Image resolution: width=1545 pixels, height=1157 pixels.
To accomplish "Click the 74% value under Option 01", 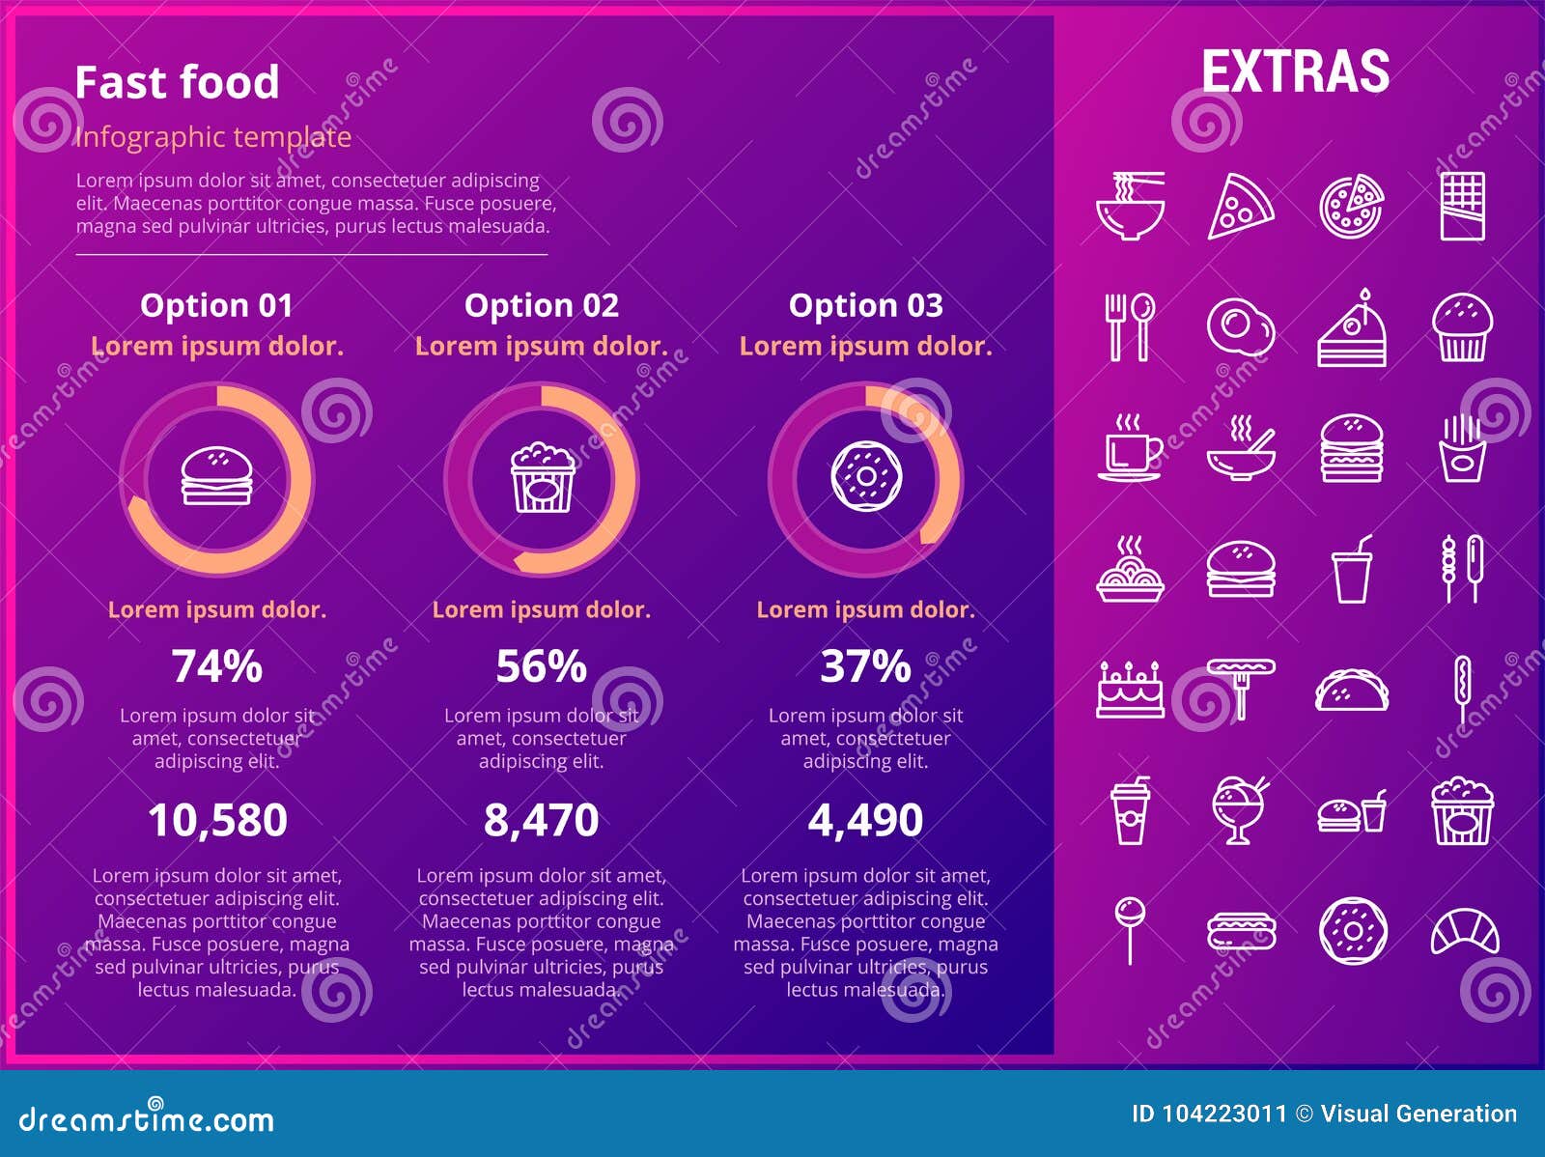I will pyautogui.click(x=217, y=666).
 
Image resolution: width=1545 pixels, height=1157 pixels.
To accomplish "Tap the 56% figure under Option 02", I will pyautogui.click(x=541, y=666).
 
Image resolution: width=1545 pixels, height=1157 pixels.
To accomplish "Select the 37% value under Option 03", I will pyautogui.click(x=865, y=666).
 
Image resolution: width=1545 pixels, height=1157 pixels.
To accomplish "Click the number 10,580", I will pyautogui.click(x=217, y=820).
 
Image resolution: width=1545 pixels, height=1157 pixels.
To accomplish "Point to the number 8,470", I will pyautogui.click(x=541, y=820).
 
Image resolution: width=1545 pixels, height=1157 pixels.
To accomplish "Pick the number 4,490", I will pyautogui.click(x=865, y=820).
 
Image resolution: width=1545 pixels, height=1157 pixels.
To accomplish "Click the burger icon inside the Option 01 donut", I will pyautogui.click(x=217, y=476).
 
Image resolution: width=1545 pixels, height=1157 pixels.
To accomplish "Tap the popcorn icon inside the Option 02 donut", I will pyautogui.click(x=542, y=477).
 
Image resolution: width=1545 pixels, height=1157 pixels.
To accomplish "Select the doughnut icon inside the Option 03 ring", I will pyautogui.click(x=866, y=476).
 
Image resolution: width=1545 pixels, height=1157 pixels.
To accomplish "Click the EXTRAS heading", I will pyautogui.click(x=1295, y=71).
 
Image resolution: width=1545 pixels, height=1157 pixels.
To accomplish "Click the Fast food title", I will pyautogui.click(x=177, y=82).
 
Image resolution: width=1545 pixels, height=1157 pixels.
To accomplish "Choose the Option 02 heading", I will pyautogui.click(x=541, y=305).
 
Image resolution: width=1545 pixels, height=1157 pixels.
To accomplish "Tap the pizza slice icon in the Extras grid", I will pyautogui.click(x=1240, y=206).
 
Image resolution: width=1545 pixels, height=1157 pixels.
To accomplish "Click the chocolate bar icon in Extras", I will pyautogui.click(x=1462, y=206).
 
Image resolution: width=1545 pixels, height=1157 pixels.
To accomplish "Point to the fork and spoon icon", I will pyautogui.click(x=1130, y=327).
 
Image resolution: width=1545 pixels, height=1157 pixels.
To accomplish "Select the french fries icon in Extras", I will pyautogui.click(x=1462, y=448).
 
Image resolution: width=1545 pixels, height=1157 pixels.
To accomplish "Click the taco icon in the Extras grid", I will pyautogui.click(x=1352, y=691).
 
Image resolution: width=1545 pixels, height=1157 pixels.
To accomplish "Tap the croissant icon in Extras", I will pyautogui.click(x=1464, y=931).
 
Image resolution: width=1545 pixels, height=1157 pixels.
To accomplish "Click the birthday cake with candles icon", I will pyautogui.click(x=1130, y=690).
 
